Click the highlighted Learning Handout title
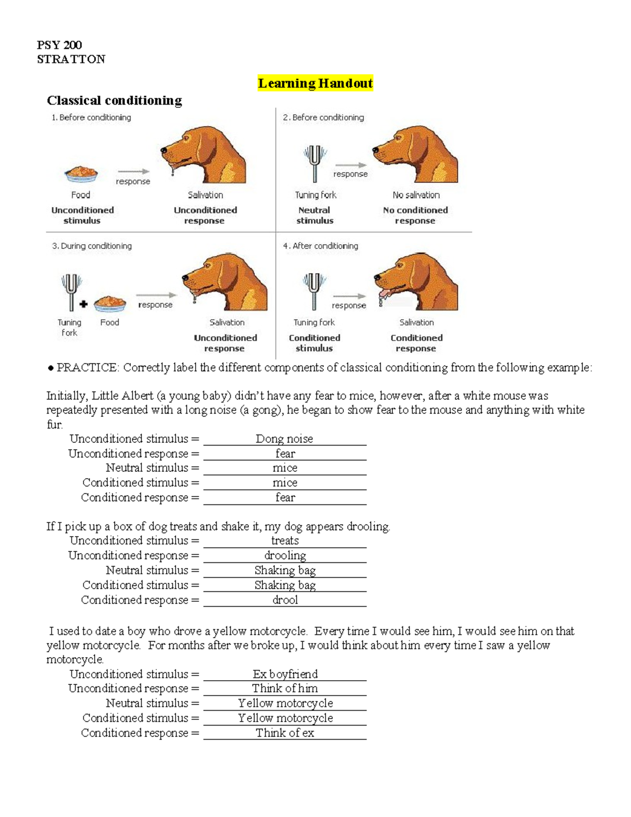coord(315,83)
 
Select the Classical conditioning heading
coord(114,100)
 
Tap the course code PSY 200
coord(59,45)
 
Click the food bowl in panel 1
coord(81,173)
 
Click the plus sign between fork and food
coord(84,304)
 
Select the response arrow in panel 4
coord(349,296)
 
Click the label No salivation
coord(416,195)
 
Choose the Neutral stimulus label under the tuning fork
coord(314,215)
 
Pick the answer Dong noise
coord(284,439)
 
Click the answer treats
coord(284,541)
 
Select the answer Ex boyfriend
coord(284,674)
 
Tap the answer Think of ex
coord(284,733)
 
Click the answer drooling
coord(284,556)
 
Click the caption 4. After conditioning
coord(320,246)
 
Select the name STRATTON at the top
coord(71,59)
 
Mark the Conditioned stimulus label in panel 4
coord(314,343)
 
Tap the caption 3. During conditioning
coord(92,246)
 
